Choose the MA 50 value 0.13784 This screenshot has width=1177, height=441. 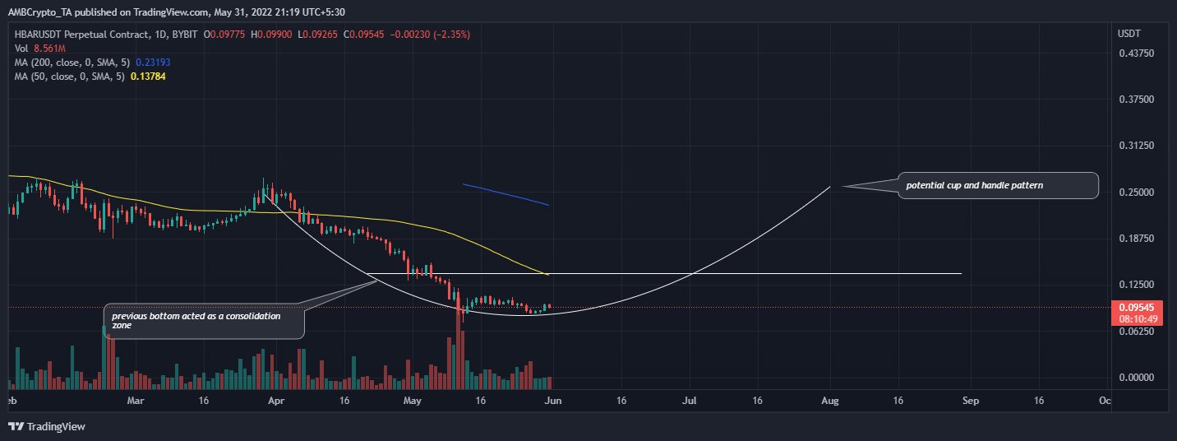click(147, 76)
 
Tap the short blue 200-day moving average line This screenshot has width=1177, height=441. click(505, 194)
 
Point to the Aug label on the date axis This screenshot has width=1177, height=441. click(829, 401)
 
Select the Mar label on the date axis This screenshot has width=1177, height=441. click(136, 401)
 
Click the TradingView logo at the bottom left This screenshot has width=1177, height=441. click(47, 426)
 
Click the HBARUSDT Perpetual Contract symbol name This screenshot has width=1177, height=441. click(78, 35)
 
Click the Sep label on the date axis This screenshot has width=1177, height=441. click(971, 401)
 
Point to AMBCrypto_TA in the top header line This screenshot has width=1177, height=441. click(38, 13)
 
